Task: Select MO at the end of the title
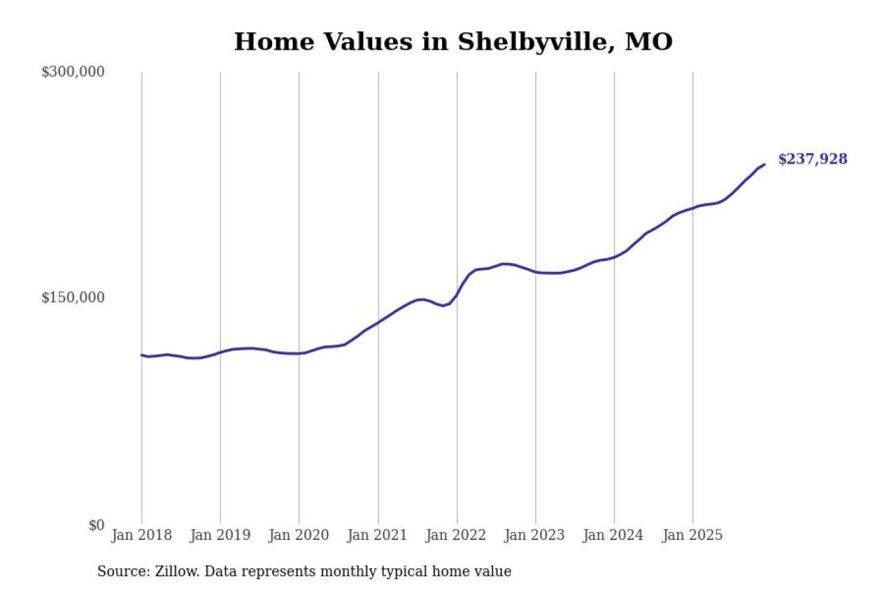click(x=648, y=42)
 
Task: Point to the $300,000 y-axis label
click(x=73, y=72)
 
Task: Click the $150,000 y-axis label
click(x=73, y=298)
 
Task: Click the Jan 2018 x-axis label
click(x=142, y=536)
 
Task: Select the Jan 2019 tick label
click(x=220, y=536)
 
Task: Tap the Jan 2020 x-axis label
click(x=299, y=536)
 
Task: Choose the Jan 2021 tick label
click(x=378, y=536)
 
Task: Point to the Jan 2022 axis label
click(x=457, y=536)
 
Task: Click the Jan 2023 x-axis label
click(x=535, y=536)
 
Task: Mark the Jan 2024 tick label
click(x=614, y=536)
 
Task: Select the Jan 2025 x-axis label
click(x=693, y=536)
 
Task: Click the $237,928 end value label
click(x=812, y=160)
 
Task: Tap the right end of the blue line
click(x=764, y=164)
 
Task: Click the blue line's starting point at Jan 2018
click(x=142, y=355)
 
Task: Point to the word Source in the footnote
click(x=119, y=572)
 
